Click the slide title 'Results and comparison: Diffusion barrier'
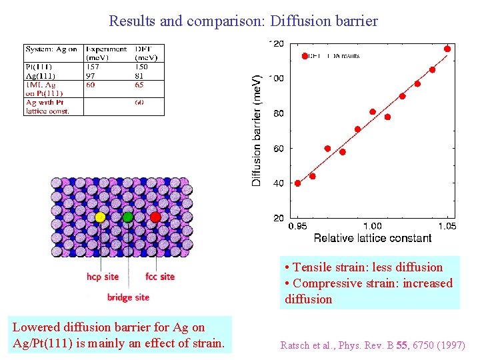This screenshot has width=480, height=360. tap(243, 21)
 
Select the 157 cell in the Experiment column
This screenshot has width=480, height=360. tap(92, 67)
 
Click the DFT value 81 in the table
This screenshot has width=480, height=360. tap(141, 76)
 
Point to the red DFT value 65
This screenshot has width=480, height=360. tap(141, 85)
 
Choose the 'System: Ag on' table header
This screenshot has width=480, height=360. tap(51, 49)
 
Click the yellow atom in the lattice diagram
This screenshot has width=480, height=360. tap(100, 217)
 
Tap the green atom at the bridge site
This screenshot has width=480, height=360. tap(127, 217)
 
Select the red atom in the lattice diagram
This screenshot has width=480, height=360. tap(155, 217)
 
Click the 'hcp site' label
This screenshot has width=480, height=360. tap(103, 277)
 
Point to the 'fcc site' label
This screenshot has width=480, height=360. tap(160, 277)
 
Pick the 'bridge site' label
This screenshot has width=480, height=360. tap(128, 297)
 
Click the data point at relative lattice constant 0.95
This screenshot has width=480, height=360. tap(298, 183)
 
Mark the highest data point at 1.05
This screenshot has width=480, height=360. tap(447, 49)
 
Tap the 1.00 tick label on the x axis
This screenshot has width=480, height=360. tap(373, 227)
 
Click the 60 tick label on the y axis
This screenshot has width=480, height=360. tap(277, 149)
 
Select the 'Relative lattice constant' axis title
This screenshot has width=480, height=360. tap(372, 238)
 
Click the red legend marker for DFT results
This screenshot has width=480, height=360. tap(305, 56)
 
